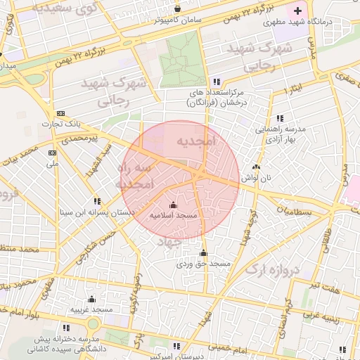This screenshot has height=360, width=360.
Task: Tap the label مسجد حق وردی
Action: [x=203, y=264]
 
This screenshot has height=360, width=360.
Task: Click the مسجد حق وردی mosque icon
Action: [x=204, y=253]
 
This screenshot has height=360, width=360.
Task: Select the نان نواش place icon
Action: [x=256, y=167]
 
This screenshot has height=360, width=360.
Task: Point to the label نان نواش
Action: [x=256, y=179]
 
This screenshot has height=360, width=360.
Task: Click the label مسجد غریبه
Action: [x=91, y=309]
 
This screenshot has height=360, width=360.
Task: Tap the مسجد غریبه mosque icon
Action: [x=91, y=299]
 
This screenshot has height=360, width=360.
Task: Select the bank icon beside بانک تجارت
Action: [x=60, y=112]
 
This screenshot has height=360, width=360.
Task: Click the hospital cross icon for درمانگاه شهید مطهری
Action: [x=298, y=11]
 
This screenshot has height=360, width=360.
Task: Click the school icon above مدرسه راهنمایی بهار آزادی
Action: [x=280, y=118]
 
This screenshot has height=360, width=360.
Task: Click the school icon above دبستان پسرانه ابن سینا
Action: [x=97, y=200]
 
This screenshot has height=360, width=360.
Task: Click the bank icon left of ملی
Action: [x=52, y=153]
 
